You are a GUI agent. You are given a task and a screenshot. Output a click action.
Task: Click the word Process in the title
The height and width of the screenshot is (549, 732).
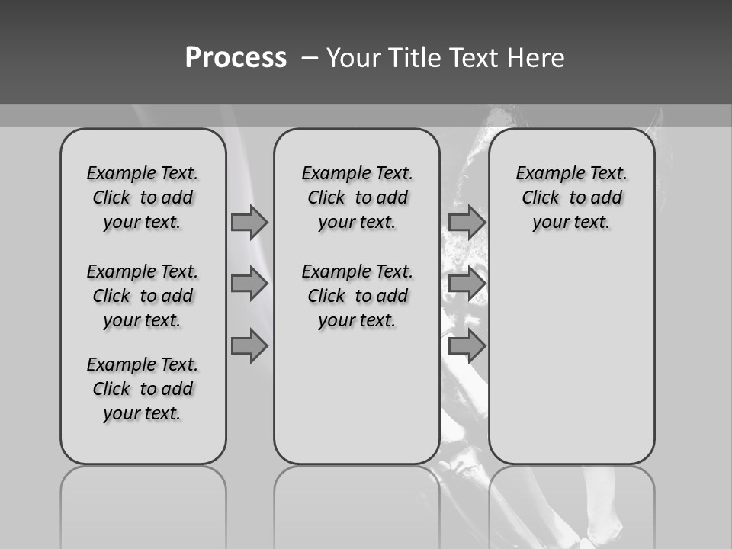point(236,58)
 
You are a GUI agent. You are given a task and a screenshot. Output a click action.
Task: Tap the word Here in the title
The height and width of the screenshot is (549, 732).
point(537,58)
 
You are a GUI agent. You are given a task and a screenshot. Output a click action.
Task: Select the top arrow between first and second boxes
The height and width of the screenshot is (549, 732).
point(249,222)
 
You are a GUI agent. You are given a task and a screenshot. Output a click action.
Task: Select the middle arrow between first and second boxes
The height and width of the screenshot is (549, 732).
point(249,284)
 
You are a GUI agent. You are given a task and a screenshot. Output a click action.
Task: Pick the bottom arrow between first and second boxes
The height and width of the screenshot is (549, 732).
point(249,346)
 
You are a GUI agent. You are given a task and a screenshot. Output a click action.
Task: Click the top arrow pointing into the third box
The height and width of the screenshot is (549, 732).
point(467,222)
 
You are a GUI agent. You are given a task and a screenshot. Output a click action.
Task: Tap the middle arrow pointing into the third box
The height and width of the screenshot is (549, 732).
point(467,284)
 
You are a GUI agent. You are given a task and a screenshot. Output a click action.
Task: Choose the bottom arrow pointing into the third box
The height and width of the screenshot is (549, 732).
point(467,346)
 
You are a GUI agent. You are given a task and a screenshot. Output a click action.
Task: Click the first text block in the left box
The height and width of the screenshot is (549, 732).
point(143,197)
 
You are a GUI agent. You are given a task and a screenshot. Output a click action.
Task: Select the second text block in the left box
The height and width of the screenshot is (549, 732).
point(143,296)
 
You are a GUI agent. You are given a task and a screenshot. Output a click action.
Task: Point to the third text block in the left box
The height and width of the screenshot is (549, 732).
point(143,389)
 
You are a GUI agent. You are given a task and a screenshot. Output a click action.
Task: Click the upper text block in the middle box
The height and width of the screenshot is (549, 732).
point(357,197)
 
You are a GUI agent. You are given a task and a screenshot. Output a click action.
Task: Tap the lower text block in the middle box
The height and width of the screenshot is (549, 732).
point(357,296)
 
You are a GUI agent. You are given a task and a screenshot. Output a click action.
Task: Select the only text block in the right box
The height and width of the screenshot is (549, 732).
point(572,197)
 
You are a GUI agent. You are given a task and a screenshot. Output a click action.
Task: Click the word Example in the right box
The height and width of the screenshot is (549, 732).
point(546,174)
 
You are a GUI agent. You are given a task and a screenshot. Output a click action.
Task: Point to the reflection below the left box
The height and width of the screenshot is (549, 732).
point(143,503)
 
